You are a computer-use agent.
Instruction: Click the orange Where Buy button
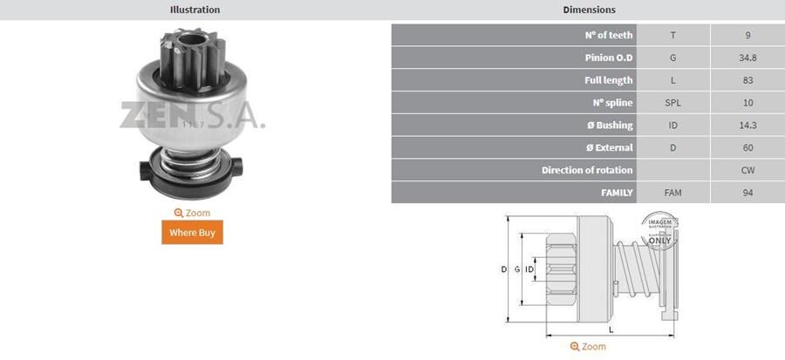[192, 232]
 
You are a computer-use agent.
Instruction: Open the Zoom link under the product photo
[192, 213]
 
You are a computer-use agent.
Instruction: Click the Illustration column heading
[194, 10]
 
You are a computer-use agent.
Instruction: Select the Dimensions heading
[588, 10]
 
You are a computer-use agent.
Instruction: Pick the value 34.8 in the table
[747, 58]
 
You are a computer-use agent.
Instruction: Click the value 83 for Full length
[747, 80]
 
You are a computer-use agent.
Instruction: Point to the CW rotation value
[747, 170]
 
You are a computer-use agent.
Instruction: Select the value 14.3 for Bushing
[747, 125]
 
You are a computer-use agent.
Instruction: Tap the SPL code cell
[672, 103]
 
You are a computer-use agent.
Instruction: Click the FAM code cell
[672, 193]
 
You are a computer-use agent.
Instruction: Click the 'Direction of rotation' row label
[587, 170]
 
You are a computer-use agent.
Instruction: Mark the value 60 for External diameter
[747, 147]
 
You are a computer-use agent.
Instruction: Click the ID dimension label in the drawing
[529, 270]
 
